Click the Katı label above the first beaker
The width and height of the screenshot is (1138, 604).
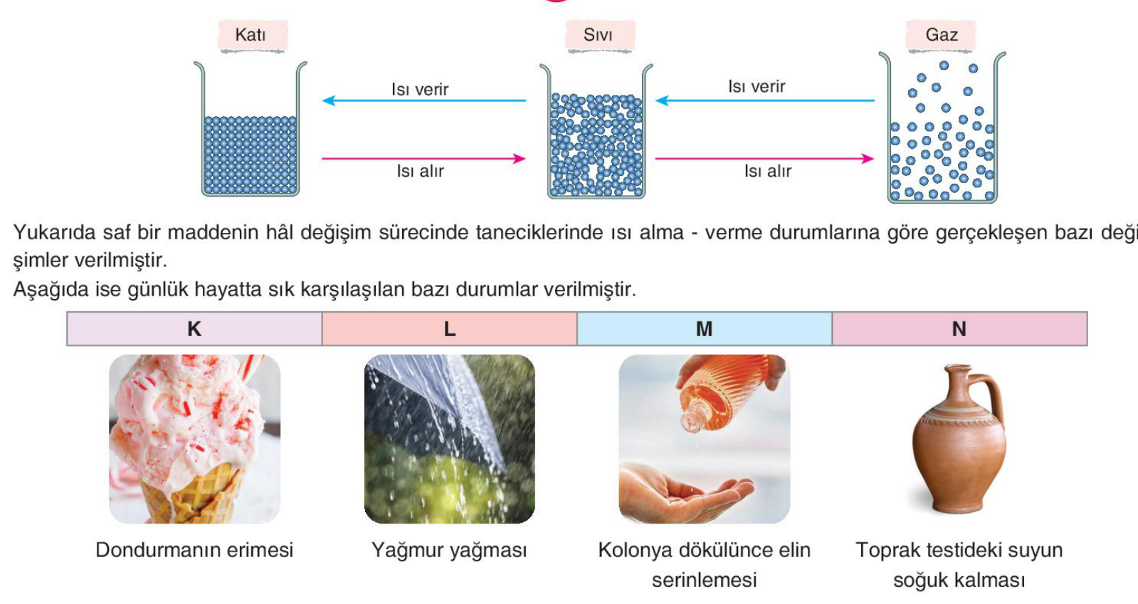[x=251, y=35]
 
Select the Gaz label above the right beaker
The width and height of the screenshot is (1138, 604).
[x=942, y=35]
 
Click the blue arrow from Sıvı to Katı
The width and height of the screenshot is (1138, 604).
[x=424, y=100]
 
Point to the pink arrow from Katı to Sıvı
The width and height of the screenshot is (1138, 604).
[x=423, y=159]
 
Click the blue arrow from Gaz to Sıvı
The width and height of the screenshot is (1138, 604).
[x=765, y=100]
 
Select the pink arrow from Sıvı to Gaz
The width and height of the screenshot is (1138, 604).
[x=764, y=159]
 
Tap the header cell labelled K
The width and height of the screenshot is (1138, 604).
[x=194, y=329]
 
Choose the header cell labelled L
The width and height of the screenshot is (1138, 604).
[x=450, y=329]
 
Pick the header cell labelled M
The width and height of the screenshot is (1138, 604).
[x=705, y=329]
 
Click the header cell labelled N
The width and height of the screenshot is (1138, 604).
[x=959, y=329]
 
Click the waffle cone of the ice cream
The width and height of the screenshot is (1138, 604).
[x=193, y=496]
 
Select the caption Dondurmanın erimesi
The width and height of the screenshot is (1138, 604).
[x=194, y=550]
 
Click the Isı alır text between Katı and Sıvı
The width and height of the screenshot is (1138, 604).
[x=420, y=172]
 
